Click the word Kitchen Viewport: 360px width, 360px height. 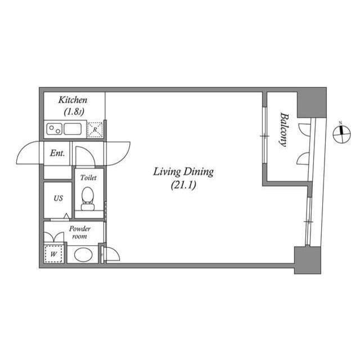[72, 100]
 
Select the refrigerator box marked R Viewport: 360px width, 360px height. [95, 130]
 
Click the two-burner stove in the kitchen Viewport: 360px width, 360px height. [54, 129]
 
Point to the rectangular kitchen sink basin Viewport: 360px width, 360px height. [74, 129]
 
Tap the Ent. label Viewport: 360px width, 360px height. [57, 153]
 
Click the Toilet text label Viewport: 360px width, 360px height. [88, 177]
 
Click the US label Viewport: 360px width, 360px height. [58, 199]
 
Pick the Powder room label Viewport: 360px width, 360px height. [79, 232]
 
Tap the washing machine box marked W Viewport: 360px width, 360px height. [54, 253]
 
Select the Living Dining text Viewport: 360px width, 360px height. [183, 172]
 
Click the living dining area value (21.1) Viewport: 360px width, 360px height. [183, 184]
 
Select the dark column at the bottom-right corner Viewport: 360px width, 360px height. [307, 260]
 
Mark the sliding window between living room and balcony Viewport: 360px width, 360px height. [263, 136]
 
